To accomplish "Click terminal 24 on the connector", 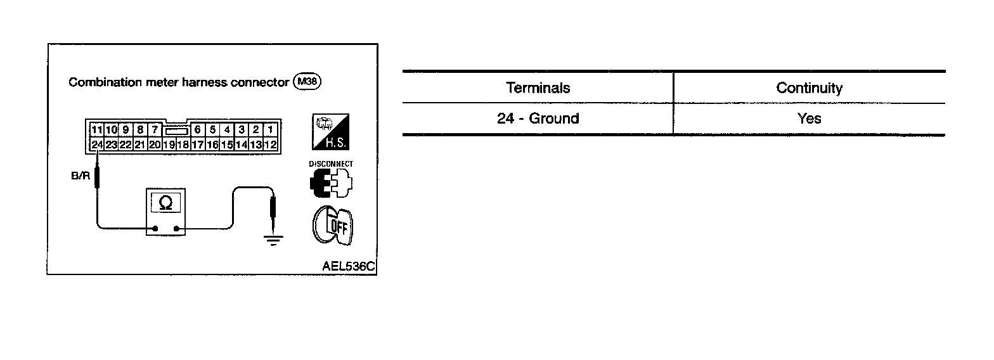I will [96, 145].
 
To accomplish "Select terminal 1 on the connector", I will [271, 130].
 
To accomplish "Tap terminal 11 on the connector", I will [96, 130].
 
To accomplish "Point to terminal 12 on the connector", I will [271, 145].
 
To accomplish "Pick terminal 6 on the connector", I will [198, 130].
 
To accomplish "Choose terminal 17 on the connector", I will [198, 145].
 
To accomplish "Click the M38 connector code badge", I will [307, 82].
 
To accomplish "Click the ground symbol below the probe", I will [273, 240].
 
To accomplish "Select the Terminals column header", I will [538, 88].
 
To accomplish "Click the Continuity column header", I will [809, 88].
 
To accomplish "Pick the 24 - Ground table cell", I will [538, 119].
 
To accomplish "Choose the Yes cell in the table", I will [809, 119].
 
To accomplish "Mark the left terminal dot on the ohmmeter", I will [155, 228].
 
